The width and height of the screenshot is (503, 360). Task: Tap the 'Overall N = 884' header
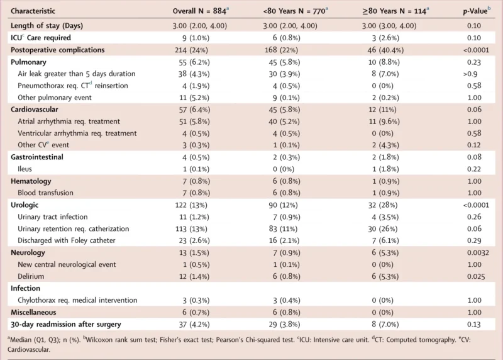(x=199, y=11)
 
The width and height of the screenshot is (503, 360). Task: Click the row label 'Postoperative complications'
(x=57, y=50)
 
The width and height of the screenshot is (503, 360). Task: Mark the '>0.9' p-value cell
(x=474, y=74)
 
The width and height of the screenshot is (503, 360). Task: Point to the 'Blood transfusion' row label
(x=46, y=193)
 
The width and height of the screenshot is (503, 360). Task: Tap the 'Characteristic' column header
(x=33, y=11)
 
